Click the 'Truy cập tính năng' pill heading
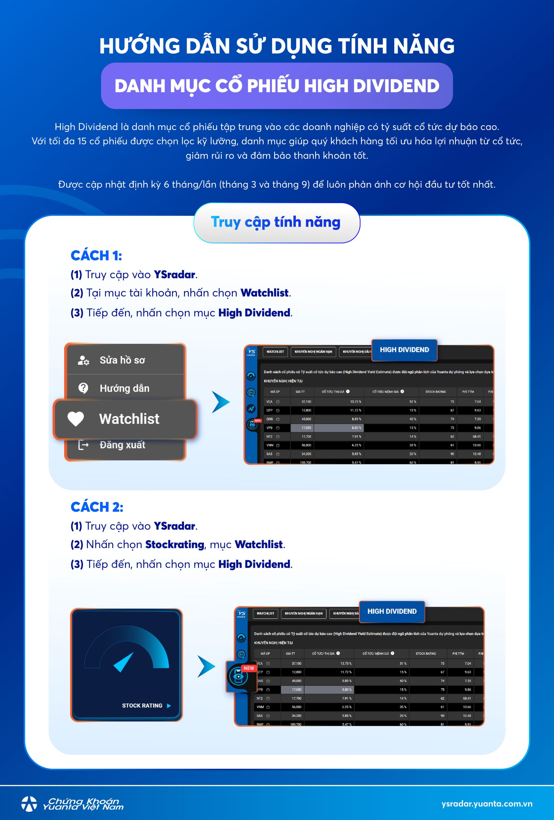pos(276,223)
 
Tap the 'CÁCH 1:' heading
pos(96,256)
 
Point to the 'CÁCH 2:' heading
pos(97,507)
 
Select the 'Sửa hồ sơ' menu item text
pos(122,360)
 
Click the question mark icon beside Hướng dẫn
pos(83,388)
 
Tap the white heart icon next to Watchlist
pos(76,419)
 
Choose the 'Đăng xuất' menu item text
pos(122,445)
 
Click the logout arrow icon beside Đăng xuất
pos(83,445)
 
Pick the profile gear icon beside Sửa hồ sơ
pos(83,360)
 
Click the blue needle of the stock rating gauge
pos(123,662)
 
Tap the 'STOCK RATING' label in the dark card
pos(142,706)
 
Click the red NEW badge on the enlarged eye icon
pos(248,668)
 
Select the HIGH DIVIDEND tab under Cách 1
pos(404,350)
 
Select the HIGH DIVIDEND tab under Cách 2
pos(392,611)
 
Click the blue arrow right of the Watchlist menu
pos(221,402)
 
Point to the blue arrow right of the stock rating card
pos(206,666)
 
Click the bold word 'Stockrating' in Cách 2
pos(175,545)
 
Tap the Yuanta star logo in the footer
pos(29,804)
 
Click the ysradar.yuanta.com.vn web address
pos(487,804)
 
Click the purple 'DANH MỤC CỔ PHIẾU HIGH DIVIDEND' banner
pos(277,86)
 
